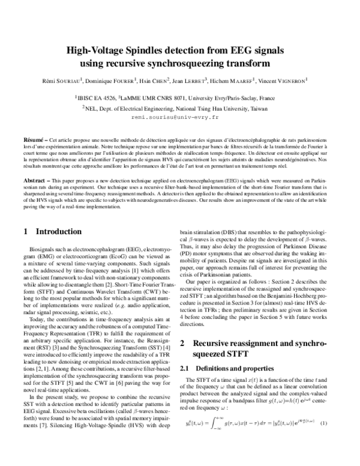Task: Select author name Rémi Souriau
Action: tap(65, 80)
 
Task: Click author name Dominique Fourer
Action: tap(114, 80)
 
